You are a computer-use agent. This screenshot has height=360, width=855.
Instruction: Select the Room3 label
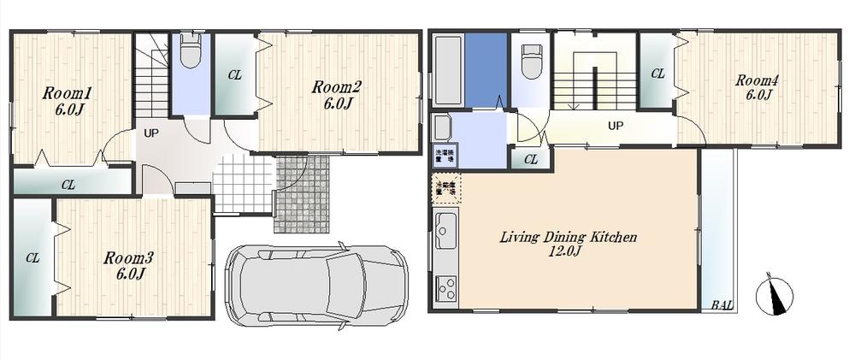click(x=128, y=257)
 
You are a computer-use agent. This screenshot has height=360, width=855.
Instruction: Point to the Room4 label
click(x=758, y=80)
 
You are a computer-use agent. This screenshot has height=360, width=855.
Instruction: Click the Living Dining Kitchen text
click(x=568, y=237)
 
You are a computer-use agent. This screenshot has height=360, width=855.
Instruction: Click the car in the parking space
click(x=317, y=281)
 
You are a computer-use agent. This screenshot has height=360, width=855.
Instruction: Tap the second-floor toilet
click(x=532, y=61)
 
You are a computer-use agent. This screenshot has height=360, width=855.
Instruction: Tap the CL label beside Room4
click(x=657, y=74)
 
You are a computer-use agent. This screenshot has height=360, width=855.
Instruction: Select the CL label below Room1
click(x=68, y=183)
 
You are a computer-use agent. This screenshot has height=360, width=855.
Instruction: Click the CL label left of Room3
click(x=32, y=257)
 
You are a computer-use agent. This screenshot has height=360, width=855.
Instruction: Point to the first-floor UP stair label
click(x=150, y=133)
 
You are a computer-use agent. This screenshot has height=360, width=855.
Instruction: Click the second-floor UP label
click(x=614, y=126)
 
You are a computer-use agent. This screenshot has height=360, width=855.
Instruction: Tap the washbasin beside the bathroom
click(x=441, y=130)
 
